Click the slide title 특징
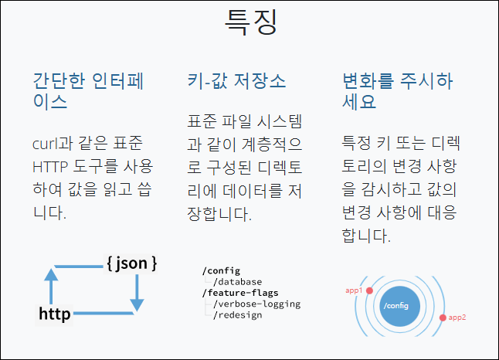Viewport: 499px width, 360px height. pyautogui.click(x=250, y=21)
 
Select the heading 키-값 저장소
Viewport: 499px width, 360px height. pyautogui.click(x=236, y=80)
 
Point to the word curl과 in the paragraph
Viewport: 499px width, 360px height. pyautogui.click(x=53, y=144)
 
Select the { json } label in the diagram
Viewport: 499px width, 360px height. pyautogui.click(x=131, y=263)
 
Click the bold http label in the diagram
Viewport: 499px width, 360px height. pyautogui.click(x=55, y=314)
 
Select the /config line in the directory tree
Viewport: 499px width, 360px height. pyautogui.click(x=221, y=270)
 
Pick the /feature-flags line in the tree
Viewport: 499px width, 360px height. pyautogui.click(x=239, y=293)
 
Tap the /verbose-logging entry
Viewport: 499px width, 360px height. pyautogui.click(x=256, y=304)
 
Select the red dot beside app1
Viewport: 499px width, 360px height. pyautogui.click(x=369, y=290)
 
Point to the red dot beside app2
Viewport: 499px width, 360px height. pyautogui.click(x=442, y=318)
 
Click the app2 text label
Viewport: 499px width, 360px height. pyautogui.click(x=458, y=318)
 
